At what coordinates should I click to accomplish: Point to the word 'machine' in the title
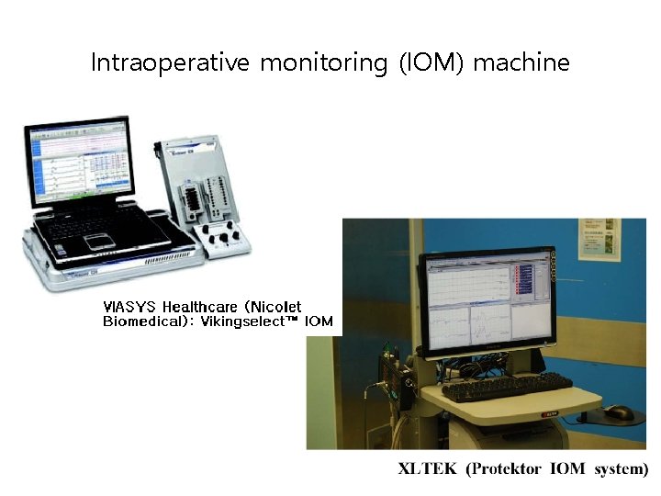pyautogui.click(x=521, y=63)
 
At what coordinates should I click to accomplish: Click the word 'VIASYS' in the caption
pyautogui.click(x=129, y=307)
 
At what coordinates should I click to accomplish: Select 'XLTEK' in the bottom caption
pyautogui.click(x=428, y=468)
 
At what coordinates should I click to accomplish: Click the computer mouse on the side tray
pyautogui.click(x=620, y=411)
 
